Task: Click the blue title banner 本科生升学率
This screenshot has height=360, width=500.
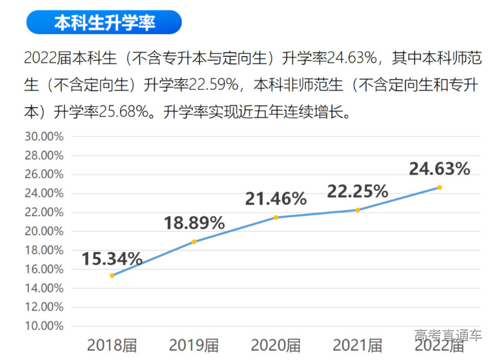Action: click(103, 23)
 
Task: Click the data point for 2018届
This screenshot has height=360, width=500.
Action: click(112, 275)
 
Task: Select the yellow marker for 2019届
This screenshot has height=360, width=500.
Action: click(194, 241)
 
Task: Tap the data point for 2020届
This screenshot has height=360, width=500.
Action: click(276, 217)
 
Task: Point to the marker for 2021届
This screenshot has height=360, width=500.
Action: click(358, 210)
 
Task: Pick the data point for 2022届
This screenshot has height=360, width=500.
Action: click(440, 187)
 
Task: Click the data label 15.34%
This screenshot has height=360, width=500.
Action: click(112, 258)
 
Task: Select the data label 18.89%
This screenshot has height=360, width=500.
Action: click(194, 223)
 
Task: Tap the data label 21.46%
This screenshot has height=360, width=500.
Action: click(276, 199)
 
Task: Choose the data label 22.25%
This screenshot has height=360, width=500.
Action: click(358, 191)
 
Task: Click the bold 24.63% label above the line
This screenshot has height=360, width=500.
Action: click(440, 168)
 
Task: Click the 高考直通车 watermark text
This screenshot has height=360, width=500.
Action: click(448, 335)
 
